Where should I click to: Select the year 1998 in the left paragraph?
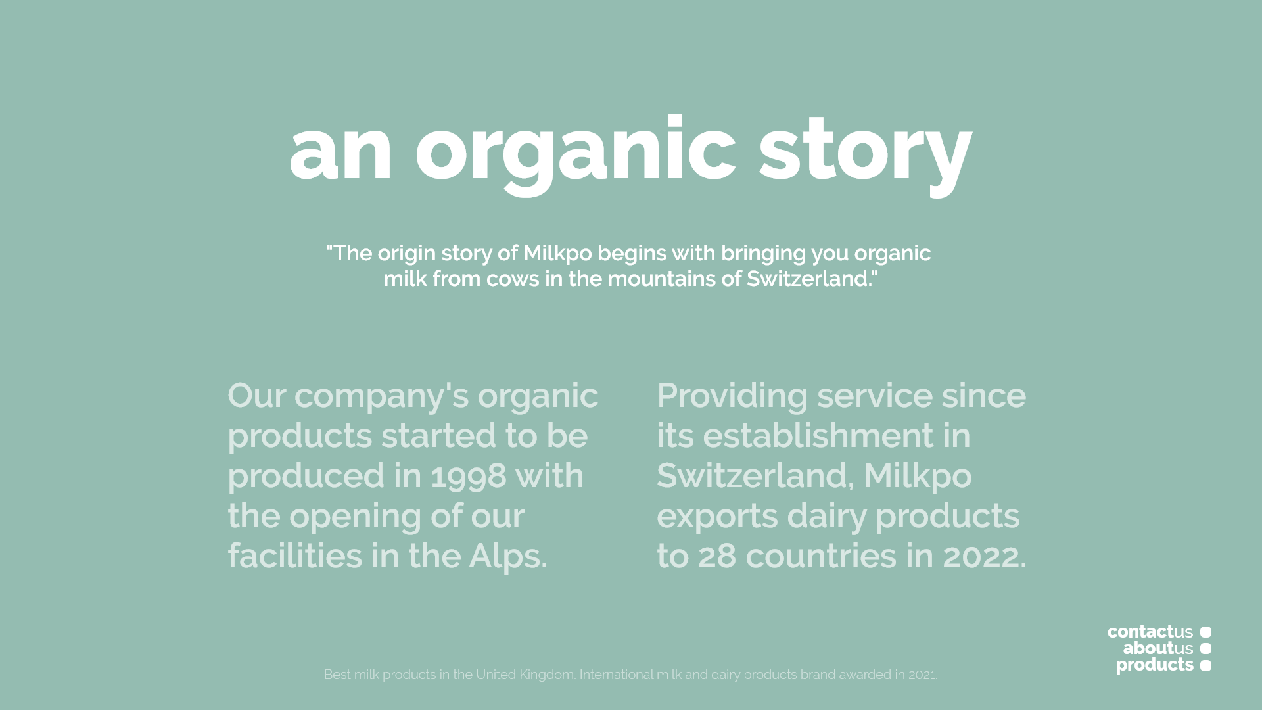point(469,475)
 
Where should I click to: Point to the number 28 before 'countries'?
point(717,556)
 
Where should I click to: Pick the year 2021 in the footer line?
point(922,675)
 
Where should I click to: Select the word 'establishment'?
point(818,435)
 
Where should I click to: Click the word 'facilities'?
point(295,556)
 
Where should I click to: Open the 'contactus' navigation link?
point(1150,632)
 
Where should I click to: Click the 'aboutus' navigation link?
point(1158,648)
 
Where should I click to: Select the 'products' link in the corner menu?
point(1155,665)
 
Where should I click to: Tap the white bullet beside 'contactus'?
point(1205,632)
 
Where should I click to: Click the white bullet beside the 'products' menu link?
point(1205,665)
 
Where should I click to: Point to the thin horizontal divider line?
point(631,333)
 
